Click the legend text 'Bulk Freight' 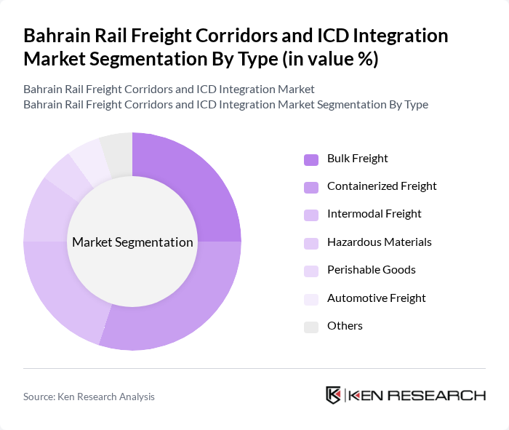(357, 159)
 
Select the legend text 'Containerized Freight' (382, 186)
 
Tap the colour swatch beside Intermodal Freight (311, 215)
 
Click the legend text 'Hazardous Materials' (379, 242)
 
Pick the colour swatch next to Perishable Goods (311, 271)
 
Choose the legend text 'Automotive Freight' (376, 298)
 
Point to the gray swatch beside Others (311, 327)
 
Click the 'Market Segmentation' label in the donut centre (132, 242)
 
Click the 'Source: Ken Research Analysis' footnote (89, 397)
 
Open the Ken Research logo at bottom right (405, 395)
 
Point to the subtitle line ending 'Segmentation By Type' (225, 104)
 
